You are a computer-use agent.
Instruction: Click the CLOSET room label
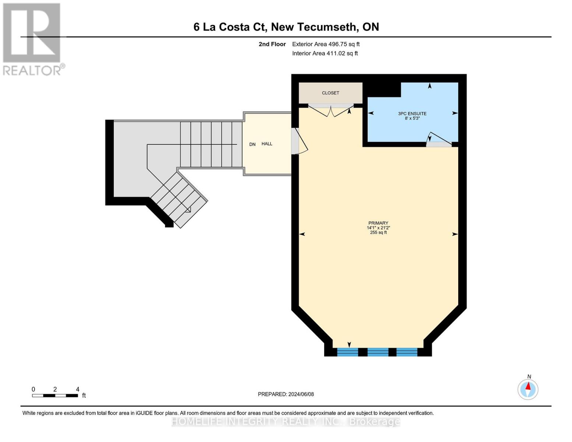click(x=330, y=93)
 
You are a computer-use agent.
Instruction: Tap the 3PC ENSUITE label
click(x=412, y=113)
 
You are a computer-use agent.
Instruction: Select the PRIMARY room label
click(x=378, y=223)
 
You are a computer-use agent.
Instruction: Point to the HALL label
click(x=267, y=144)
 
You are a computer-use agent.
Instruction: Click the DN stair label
click(x=252, y=144)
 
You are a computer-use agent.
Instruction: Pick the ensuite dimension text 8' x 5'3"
click(x=412, y=119)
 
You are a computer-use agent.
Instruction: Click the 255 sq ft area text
click(x=378, y=233)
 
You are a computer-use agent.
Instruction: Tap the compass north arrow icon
click(x=528, y=389)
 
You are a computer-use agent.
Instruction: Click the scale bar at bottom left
click(x=55, y=396)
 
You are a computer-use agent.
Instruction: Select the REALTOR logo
click(x=32, y=39)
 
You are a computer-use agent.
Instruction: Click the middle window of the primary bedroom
click(x=378, y=352)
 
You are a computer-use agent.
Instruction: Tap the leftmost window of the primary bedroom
click(x=348, y=352)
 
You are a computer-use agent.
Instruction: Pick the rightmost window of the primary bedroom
click(x=407, y=352)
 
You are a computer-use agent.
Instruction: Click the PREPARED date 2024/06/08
click(x=286, y=394)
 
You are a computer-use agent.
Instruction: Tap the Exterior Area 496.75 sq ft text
click(x=326, y=44)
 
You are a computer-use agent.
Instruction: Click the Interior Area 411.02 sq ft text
click(x=325, y=53)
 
